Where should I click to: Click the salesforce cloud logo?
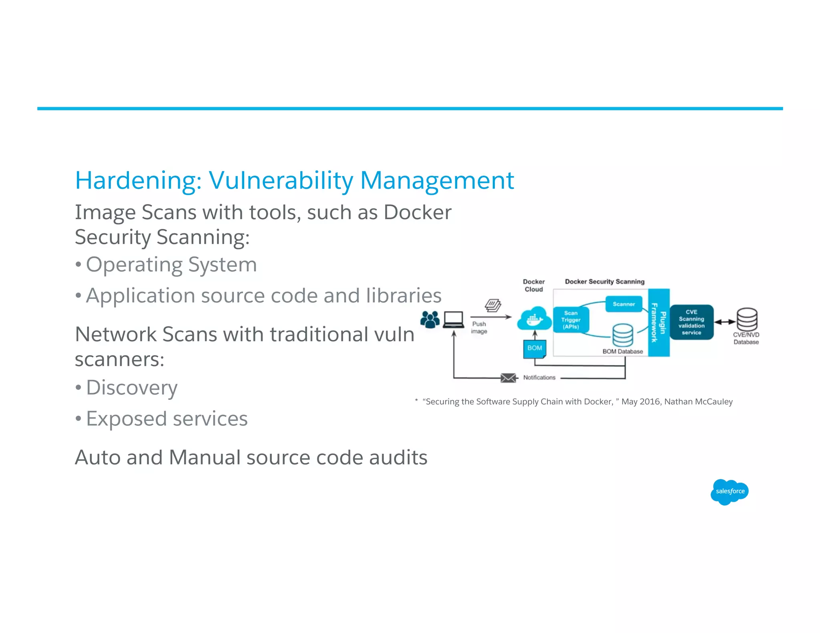pyautogui.click(x=730, y=491)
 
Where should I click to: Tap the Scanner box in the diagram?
pyautogui.click(x=623, y=304)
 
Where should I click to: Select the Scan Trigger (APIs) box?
pyautogui.click(x=571, y=320)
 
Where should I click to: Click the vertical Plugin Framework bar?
pyautogui.click(x=659, y=323)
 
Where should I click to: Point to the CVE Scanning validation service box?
pyautogui.click(x=691, y=322)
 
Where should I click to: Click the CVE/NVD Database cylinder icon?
pyautogui.click(x=747, y=319)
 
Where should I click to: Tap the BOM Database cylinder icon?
pyautogui.click(x=623, y=335)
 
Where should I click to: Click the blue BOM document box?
pyautogui.click(x=535, y=348)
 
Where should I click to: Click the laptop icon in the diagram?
pyautogui.click(x=453, y=320)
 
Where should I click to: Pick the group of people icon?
pyautogui.click(x=430, y=319)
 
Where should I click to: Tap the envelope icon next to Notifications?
pyautogui.click(x=508, y=378)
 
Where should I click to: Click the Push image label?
pyautogui.click(x=479, y=327)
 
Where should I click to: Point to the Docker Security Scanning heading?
pyautogui.click(x=605, y=282)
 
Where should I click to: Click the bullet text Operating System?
pyautogui.click(x=171, y=265)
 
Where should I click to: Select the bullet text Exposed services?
pyautogui.click(x=167, y=419)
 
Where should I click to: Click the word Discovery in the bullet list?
pyautogui.click(x=132, y=388)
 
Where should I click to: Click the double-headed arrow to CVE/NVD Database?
pyautogui.click(x=725, y=322)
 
